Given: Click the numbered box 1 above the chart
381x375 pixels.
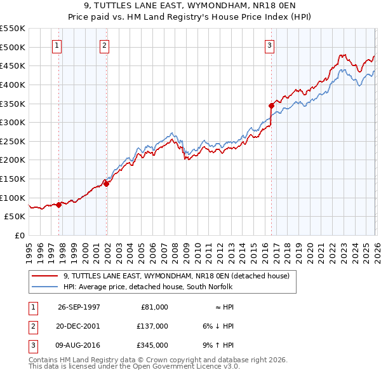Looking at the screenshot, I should tap(58, 45).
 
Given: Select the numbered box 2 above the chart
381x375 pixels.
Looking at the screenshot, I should tap(104, 45).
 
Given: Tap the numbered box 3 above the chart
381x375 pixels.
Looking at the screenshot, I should tap(270, 45).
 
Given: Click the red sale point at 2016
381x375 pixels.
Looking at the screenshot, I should tap(271, 106).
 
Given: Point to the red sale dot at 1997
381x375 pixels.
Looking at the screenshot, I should tap(59, 205).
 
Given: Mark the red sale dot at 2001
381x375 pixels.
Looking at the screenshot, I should tap(107, 184).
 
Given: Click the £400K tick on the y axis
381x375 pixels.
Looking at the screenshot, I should tap(13, 85).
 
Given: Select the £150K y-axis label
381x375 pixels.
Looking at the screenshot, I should tap(13, 179).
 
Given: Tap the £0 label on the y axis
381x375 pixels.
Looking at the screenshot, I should tap(18, 235).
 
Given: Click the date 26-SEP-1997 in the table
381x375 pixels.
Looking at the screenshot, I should tap(79, 307).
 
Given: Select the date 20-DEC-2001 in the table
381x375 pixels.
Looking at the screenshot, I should tap(79, 326).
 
